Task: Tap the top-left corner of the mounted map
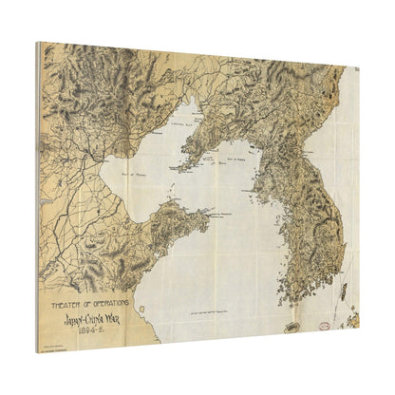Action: (x=38, y=42)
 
